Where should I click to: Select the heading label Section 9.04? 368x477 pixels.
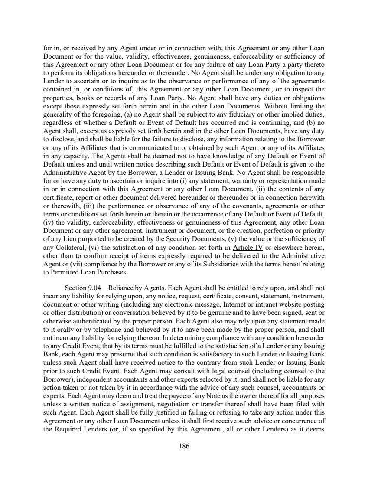pyautogui.click(x=82, y=287)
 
